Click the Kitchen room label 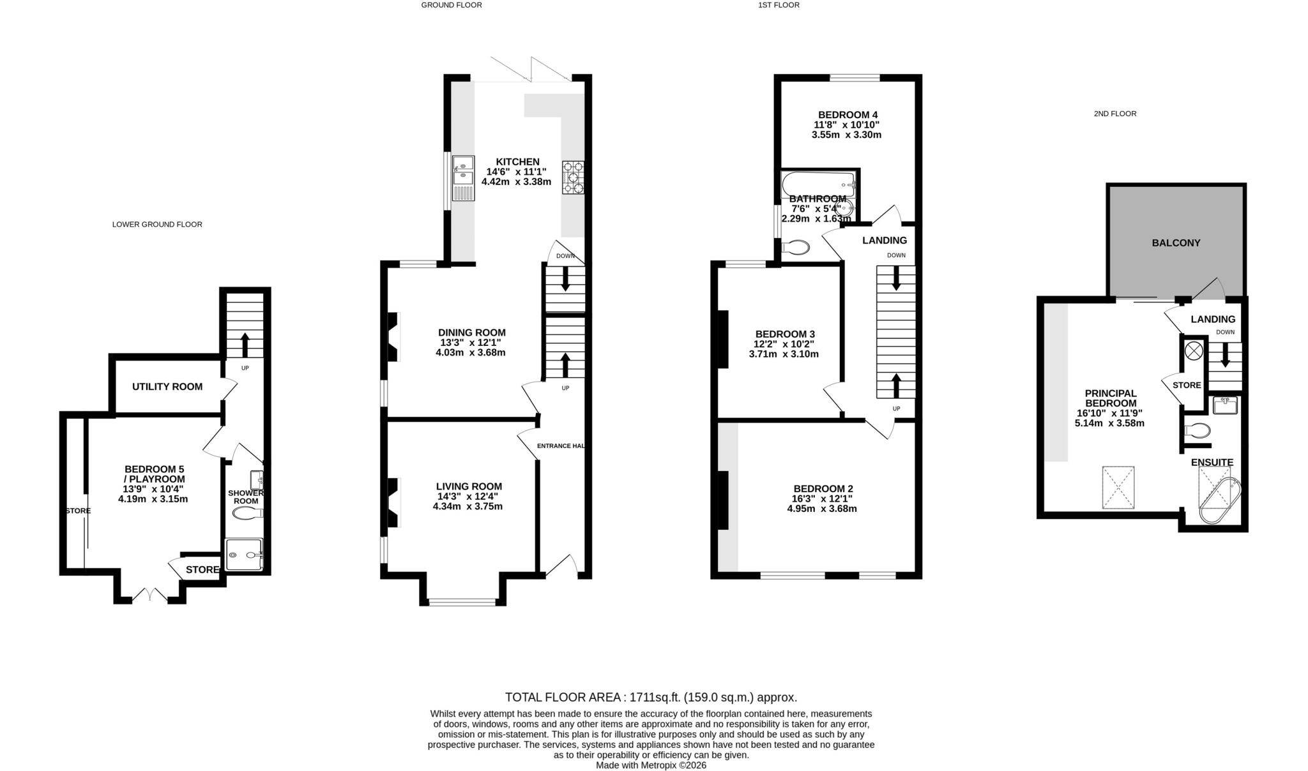click(x=517, y=161)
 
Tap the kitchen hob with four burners click(x=573, y=177)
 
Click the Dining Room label click(x=471, y=333)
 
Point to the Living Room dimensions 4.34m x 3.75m click(x=468, y=507)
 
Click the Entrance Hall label click(x=561, y=445)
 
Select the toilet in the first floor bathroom click(x=795, y=248)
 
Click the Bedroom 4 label click(x=846, y=115)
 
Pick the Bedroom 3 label click(x=784, y=334)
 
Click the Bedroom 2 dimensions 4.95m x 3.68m click(x=821, y=509)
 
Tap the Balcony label click(x=1176, y=243)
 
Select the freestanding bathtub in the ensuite click(x=1219, y=502)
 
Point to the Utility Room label click(x=167, y=386)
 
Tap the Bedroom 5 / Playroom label click(x=154, y=474)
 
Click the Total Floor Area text click(x=651, y=697)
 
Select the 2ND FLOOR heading click(x=1114, y=114)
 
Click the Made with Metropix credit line click(x=651, y=765)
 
